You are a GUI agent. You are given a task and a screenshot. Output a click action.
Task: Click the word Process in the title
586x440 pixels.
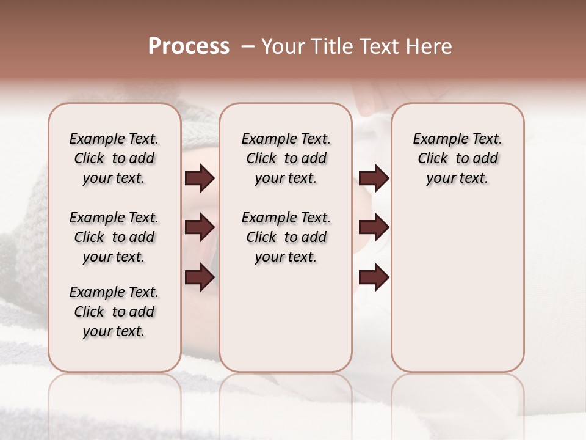coord(189,46)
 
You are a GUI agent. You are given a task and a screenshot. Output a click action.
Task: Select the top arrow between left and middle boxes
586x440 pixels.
coord(200,178)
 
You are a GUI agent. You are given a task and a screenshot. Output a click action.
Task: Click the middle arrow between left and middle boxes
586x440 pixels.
coord(200,228)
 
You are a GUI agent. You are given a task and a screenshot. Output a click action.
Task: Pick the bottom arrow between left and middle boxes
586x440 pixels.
coord(200,278)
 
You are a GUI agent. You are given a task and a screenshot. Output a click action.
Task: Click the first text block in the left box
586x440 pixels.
coord(114,158)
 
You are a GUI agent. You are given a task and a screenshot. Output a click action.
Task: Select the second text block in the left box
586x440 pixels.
coord(114,237)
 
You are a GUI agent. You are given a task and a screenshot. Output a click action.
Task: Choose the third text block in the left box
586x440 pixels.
coord(114,312)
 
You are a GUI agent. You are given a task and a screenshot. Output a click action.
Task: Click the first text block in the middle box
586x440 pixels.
coord(286,158)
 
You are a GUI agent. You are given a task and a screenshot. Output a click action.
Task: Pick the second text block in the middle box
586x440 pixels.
coord(286,237)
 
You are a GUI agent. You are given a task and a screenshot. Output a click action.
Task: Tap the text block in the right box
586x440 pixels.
coord(457,158)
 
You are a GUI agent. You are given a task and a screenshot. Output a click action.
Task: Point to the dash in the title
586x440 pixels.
coord(248,46)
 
